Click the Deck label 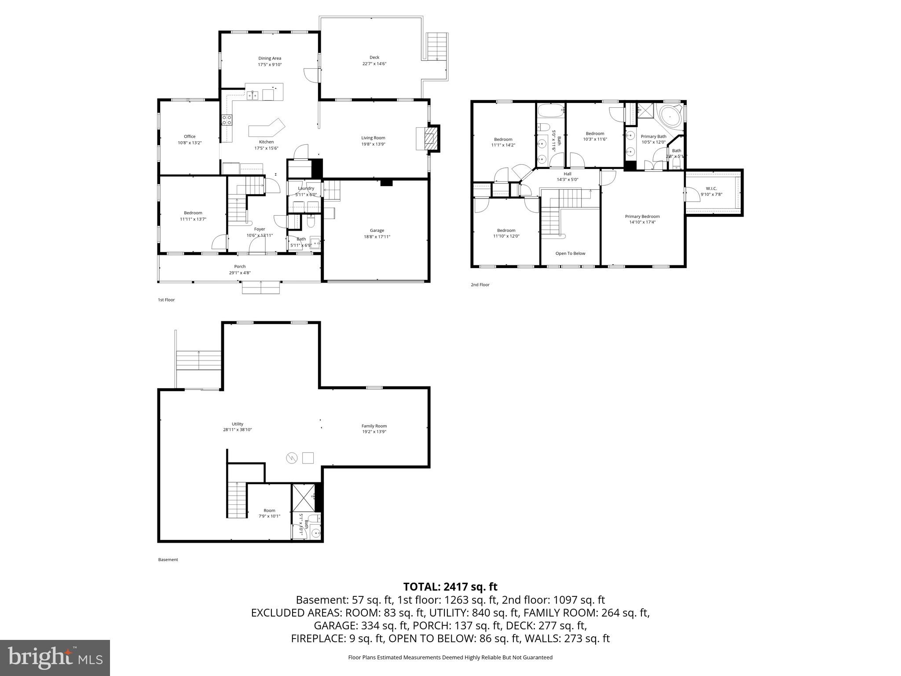coord(374,57)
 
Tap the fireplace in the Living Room coord(428,139)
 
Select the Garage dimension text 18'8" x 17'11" coord(377,237)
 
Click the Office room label coord(190,136)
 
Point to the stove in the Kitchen coord(227,120)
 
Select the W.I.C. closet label coord(711,188)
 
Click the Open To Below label coord(570,253)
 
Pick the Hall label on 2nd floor coord(567,174)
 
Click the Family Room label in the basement coord(374,426)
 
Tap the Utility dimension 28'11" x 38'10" coord(238,430)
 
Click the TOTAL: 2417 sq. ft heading coord(450,587)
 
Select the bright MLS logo coord(55,658)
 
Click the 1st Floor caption coord(166,300)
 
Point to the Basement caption coord(168,560)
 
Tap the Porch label coord(240,266)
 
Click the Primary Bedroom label coord(642,216)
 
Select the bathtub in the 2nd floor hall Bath coord(550,110)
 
